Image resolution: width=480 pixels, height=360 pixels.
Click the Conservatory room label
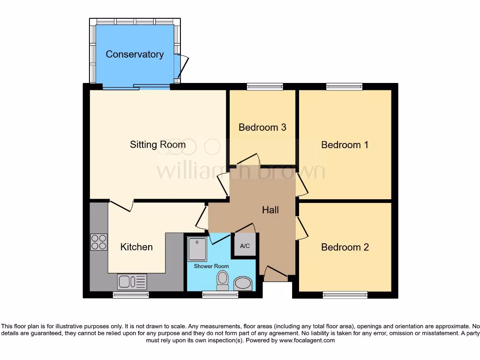coord(135,54)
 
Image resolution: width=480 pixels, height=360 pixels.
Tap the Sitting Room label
coord(157,144)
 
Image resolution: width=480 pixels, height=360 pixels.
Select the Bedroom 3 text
coord(262,127)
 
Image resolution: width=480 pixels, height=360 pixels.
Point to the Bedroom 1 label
coord(345,145)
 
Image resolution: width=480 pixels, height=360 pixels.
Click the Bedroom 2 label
coord(345,247)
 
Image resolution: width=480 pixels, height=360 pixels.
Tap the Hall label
coord(270,210)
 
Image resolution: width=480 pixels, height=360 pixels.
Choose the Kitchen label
coord(136,247)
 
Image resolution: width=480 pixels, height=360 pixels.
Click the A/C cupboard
coord(245,246)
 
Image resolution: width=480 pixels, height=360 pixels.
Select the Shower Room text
coord(211,266)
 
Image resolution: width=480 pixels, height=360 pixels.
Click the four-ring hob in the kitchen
coord(98,242)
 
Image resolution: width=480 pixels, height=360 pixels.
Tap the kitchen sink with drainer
coord(133,282)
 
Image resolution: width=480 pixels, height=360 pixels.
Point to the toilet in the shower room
coord(222,281)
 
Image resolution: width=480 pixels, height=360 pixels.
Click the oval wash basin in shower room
coord(243,283)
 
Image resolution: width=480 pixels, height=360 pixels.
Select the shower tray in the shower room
coord(197,249)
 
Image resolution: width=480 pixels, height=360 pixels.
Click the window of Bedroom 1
coord(345,86)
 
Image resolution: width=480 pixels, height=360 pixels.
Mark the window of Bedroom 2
coord(345,295)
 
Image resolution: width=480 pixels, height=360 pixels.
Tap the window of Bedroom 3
coord(265,86)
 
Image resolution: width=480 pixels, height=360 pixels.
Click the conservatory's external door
coord(182,66)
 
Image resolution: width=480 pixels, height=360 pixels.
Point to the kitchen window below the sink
coord(131,295)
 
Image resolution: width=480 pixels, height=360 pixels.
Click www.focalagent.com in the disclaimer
coord(307,340)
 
